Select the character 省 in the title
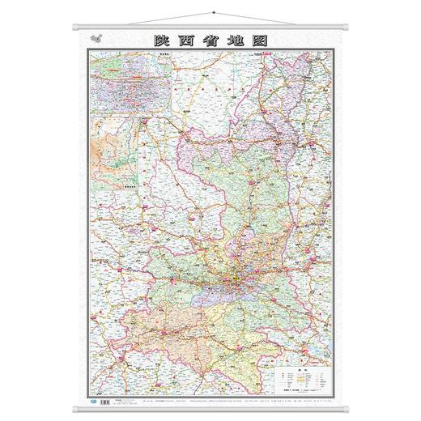coord(211,38)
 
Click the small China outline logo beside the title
coord(100,37)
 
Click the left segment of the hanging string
coord(146,19)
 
